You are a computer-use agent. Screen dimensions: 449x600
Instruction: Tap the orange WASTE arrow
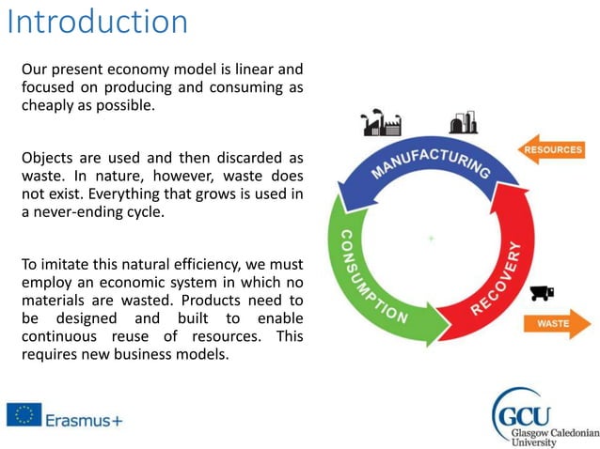(x=557, y=324)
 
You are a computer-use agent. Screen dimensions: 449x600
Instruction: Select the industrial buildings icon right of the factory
(x=463, y=123)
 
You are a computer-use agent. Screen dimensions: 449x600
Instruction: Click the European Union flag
(x=23, y=414)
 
